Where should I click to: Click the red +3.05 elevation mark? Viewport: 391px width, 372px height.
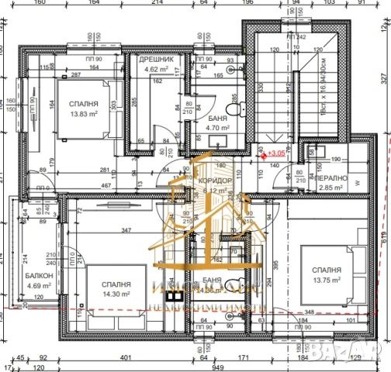(276, 154)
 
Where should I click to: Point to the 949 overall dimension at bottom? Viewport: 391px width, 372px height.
(198, 367)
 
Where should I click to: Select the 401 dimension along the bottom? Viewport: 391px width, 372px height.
(125, 357)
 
